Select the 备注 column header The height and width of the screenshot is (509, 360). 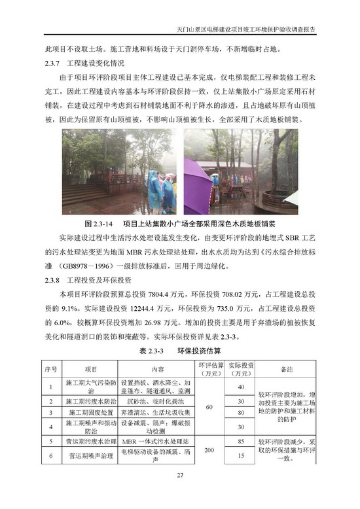[285, 369]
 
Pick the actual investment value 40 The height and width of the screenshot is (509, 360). [240, 387]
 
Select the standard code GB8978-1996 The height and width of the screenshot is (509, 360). [92, 266]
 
